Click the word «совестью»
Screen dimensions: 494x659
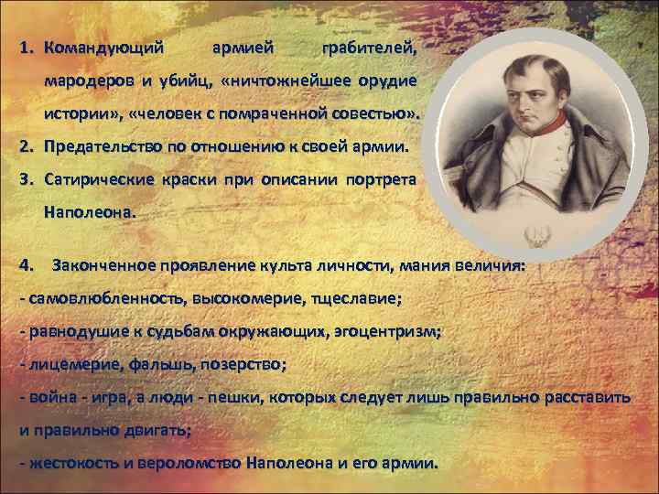pos(373,115)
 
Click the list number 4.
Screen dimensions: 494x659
pos(27,266)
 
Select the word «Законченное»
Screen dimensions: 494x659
pos(100,266)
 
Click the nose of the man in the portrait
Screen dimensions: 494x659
pos(490,98)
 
